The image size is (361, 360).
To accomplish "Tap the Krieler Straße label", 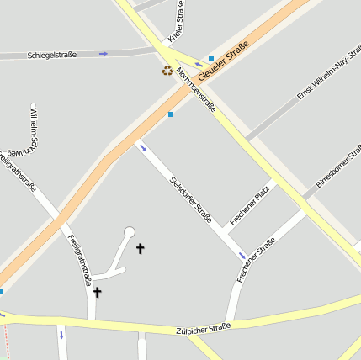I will click(x=178, y=20).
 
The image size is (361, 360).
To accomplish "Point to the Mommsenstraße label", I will click(x=196, y=89).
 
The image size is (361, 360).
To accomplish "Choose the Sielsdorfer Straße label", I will click(x=190, y=198).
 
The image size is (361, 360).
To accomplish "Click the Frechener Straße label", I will click(x=256, y=259).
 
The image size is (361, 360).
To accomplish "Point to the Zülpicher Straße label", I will click(x=203, y=327).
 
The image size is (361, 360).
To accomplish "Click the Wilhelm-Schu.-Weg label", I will click(x=35, y=130).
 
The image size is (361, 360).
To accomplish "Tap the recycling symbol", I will click(x=167, y=71).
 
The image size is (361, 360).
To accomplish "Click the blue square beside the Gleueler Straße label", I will click(x=210, y=58).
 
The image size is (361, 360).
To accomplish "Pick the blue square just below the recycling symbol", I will click(x=171, y=114).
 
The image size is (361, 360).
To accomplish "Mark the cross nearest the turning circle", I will click(x=140, y=248).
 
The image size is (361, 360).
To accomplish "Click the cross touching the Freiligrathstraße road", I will click(x=97, y=292).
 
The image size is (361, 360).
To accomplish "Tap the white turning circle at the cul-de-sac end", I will click(x=129, y=231).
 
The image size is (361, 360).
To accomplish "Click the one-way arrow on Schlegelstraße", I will click(x=104, y=54).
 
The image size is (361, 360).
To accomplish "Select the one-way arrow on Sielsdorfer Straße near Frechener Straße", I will click(x=242, y=255).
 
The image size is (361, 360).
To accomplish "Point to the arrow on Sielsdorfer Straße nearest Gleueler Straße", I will click(x=143, y=149).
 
